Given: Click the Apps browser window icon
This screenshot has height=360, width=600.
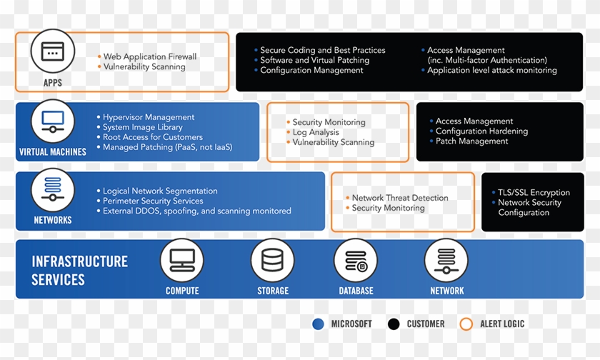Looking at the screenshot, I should click(x=53, y=52).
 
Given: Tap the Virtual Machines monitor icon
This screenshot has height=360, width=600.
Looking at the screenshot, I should click(x=53, y=121).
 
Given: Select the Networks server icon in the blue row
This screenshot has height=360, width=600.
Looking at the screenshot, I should click(x=53, y=189).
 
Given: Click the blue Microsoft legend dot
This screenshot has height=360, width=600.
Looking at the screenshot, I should click(x=318, y=324).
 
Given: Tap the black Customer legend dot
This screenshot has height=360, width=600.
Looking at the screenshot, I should click(x=394, y=324).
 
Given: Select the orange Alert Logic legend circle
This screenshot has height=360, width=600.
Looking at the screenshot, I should click(x=466, y=324).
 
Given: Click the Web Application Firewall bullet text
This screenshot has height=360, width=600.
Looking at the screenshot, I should click(x=150, y=56).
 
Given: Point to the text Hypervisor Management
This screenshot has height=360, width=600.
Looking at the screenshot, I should click(x=149, y=117).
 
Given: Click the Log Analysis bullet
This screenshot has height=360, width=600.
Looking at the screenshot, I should click(x=316, y=132).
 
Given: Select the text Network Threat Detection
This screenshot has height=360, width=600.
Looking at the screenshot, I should click(x=400, y=198).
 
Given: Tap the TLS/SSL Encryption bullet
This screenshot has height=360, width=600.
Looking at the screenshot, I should click(x=534, y=192).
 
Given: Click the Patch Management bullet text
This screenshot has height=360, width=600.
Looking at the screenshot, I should click(x=471, y=141).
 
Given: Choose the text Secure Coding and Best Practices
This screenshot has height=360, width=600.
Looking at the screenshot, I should click(x=322, y=51).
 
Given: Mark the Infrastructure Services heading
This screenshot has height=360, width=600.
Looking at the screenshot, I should click(x=79, y=270).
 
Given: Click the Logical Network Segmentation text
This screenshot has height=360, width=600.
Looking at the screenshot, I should click(x=160, y=191).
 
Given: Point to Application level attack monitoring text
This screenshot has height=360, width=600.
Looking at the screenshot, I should click(x=491, y=71).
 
